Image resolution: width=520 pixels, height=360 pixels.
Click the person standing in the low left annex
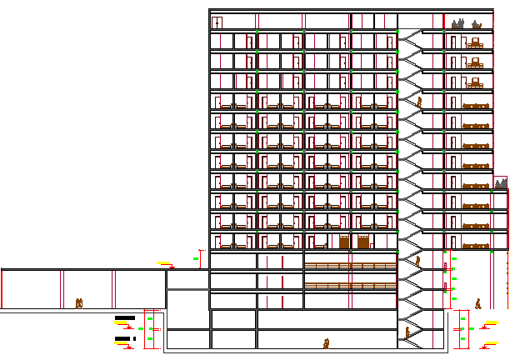[79, 303]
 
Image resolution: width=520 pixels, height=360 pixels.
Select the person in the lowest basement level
[327, 342]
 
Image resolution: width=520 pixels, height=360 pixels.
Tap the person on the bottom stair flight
[407, 332]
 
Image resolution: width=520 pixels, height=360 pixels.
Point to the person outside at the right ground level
[477, 303]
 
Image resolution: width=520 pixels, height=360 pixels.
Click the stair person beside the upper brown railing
[417, 261]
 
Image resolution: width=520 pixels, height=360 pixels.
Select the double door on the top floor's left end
[217, 22]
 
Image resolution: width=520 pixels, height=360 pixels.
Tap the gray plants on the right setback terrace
[501, 182]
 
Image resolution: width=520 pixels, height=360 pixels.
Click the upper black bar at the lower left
[125, 317]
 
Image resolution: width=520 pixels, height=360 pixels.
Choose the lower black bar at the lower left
[124, 338]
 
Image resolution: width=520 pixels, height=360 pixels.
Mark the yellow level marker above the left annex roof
[163, 263]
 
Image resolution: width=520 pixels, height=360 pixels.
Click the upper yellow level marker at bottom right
[492, 322]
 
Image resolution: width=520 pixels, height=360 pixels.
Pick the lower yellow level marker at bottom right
[492, 342]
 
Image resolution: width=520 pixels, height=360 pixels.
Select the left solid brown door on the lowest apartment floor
[344, 242]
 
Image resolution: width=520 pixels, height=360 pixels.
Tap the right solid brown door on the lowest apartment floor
[363, 242]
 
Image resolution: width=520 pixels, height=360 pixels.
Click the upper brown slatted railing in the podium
[350, 266]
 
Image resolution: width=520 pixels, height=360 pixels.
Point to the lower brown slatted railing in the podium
[350, 285]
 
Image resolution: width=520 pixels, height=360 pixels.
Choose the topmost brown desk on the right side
[475, 42]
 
